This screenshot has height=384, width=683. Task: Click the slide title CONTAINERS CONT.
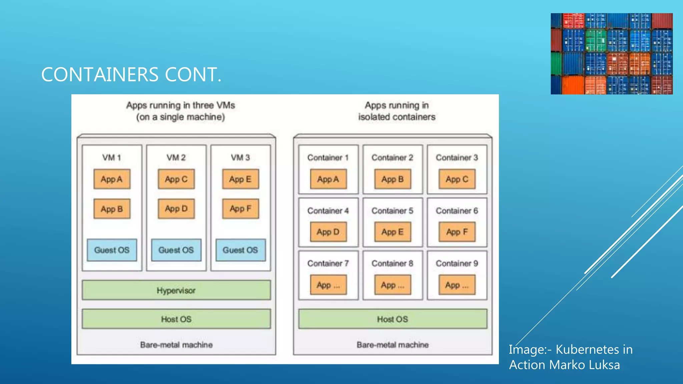[x=131, y=74]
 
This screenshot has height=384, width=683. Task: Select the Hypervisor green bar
[x=176, y=290]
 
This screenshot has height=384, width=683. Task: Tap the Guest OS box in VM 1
[x=112, y=250]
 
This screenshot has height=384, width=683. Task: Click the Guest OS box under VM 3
[x=240, y=250]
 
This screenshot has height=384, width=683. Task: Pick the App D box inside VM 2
[x=176, y=209]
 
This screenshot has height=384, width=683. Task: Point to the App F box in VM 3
[x=240, y=209]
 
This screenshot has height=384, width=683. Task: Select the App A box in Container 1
[x=328, y=179]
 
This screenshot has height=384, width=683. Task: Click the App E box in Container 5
[x=393, y=232]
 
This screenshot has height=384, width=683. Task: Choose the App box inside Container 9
[x=457, y=285]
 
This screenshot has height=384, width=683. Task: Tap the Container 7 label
[x=328, y=263]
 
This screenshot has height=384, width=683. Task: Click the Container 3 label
[x=457, y=157]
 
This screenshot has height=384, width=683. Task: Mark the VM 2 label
[x=176, y=157]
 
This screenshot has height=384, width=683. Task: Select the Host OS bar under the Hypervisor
[x=176, y=319]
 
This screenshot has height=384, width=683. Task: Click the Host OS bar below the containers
[x=393, y=319]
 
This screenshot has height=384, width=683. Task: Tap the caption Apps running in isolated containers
[x=397, y=111]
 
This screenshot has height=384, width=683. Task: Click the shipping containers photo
[x=611, y=54]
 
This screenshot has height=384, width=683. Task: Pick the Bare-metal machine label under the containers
[x=393, y=345]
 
